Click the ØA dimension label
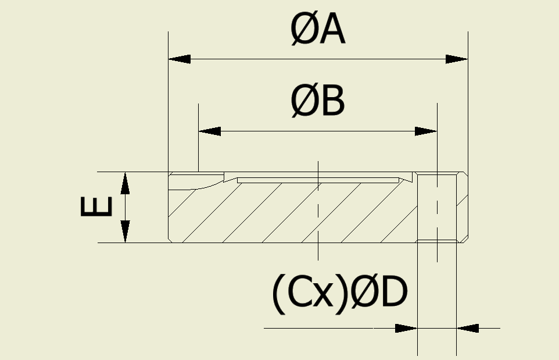tap(318, 31)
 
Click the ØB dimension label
tap(318, 102)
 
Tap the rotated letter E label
tap(96, 207)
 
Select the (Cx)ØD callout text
tap(339, 294)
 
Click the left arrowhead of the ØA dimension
tap(179, 59)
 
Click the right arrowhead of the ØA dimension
tap(457, 59)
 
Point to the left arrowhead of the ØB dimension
tap(210, 131)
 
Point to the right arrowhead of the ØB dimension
tap(426, 131)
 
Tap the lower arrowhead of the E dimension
tap(125, 231)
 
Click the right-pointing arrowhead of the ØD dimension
tap(407, 328)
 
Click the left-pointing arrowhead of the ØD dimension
tap(468, 328)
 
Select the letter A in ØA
tap(332, 31)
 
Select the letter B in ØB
tap(332, 102)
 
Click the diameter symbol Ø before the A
tap(303, 31)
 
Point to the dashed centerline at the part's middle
tap(318, 209)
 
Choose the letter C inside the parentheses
tap(300, 294)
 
